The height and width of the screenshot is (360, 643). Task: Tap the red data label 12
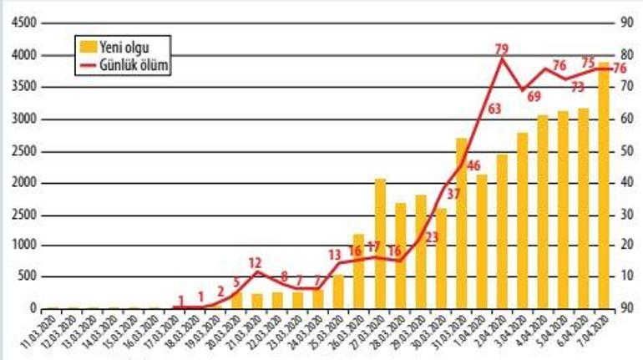pos(256,262)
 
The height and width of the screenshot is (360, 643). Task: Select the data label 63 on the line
pos(494,108)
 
